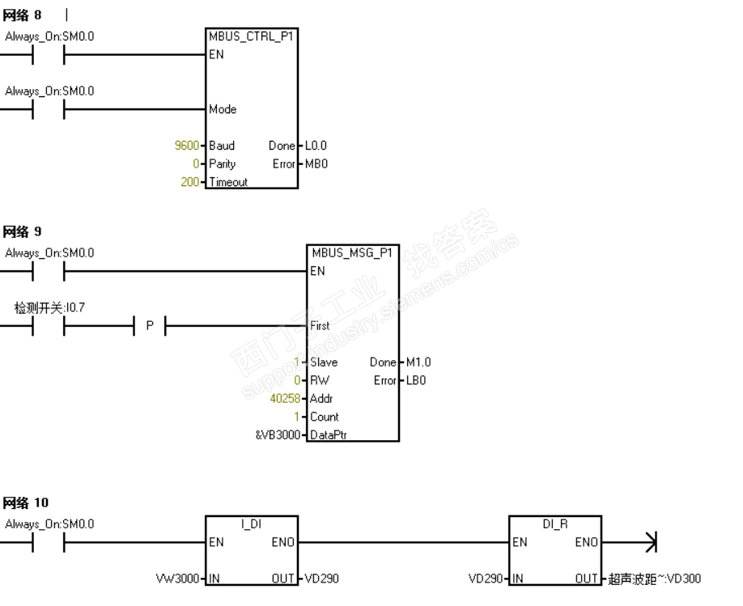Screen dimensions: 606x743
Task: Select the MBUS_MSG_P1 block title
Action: (x=352, y=252)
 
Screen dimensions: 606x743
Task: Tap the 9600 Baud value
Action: (x=187, y=146)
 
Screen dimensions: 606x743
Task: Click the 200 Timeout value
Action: (x=190, y=182)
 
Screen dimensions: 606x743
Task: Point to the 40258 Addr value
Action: (x=283, y=398)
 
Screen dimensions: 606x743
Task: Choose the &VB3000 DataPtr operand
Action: (x=278, y=435)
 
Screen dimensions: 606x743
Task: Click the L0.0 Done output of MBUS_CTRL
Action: (x=316, y=146)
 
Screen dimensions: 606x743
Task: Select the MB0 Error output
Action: (x=316, y=163)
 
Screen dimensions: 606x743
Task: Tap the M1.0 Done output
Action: (x=418, y=362)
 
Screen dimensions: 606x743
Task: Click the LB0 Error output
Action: (x=416, y=380)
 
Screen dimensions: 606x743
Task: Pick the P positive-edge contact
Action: (x=150, y=326)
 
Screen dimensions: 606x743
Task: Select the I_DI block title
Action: (x=251, y=524)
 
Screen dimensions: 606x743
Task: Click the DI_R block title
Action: (x=555, y=524)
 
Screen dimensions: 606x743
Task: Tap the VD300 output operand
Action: (x=655, y=578)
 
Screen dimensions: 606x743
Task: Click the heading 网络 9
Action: (x=22, y=232)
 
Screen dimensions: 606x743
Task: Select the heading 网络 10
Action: (x=25, y=503)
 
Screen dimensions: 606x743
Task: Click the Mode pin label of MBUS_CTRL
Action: (x=223, y=109)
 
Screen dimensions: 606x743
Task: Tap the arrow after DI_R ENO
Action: (x=649, y=542)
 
